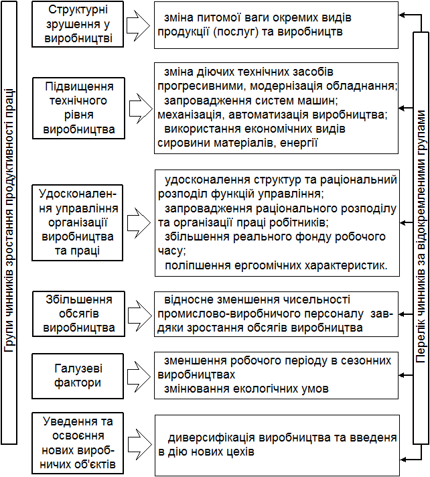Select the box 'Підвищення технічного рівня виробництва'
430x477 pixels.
pos(79,108)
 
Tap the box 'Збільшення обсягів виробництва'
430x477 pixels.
pos(79,313)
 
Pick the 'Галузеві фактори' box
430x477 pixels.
pos(79,376)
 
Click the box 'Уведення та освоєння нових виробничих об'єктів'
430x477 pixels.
pos(79,442)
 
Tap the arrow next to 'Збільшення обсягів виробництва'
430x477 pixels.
pos(138,314)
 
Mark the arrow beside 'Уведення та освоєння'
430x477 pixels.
pos(138,443)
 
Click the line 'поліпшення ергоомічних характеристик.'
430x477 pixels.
pos(276,265)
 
